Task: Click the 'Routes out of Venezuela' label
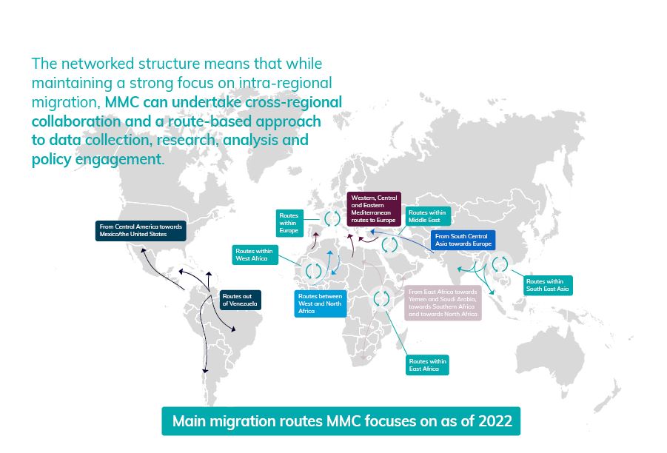point(240,300)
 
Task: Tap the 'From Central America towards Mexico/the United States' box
point(141,230)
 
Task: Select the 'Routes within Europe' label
point(289,223)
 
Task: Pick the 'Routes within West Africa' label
point(255,255)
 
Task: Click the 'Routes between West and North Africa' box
point(321,303)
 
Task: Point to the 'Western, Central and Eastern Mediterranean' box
point(374,209)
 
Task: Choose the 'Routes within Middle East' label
point(427,216)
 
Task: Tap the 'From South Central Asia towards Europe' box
point(463,240)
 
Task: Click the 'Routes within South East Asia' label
point(548,285)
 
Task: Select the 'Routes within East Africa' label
point(427,365)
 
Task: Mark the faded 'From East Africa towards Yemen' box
point(443,303)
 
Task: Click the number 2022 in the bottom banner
point(495,421)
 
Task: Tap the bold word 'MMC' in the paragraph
point(121,102)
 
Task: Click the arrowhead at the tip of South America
point(205,371)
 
